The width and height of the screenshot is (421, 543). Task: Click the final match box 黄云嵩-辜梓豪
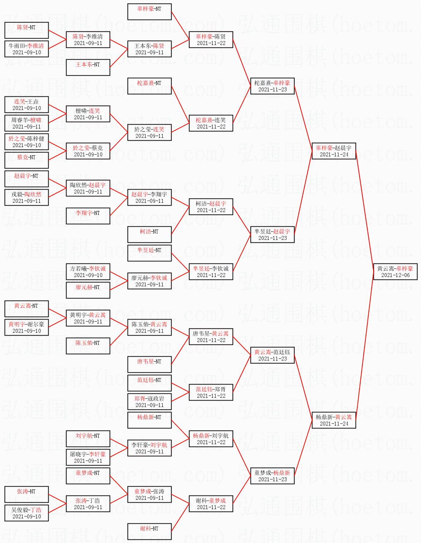(x=395, y=272)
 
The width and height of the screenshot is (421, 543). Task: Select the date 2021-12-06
(x=395, y=275)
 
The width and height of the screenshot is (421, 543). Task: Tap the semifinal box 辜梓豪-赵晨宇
(x=334, y=151)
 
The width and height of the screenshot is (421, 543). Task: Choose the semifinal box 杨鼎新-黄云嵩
(x=334, y=420)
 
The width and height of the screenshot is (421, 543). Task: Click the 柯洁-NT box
(x=149, y=235)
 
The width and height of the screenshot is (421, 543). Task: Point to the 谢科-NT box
(x=149, y=532)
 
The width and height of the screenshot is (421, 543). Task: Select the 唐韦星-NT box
(x=149, y=364)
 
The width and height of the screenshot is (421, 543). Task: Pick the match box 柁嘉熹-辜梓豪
(x=272, y=86)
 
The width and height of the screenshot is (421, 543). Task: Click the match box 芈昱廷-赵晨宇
(x=272, y=235)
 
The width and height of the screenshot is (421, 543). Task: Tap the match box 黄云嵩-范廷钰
(x=272, y=355)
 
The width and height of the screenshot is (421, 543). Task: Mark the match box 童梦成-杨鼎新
(x=272, y=476)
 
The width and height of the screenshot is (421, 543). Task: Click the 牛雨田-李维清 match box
(x=26, y=49)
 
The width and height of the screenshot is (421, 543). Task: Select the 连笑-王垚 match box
(x=26, y=105)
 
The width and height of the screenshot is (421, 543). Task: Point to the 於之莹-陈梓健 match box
(x=26, y=142)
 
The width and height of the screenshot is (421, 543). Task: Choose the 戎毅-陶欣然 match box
(x=26, y=197)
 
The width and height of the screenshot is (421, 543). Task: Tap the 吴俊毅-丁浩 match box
(x=26, y=513)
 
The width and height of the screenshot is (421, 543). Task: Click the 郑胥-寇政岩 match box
(x=149, y=402)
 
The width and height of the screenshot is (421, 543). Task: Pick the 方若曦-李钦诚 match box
(x=88, y=272)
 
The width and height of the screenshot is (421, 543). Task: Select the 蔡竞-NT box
(x=26, y=160)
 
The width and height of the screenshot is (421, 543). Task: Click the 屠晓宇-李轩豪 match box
(x=88, y=457)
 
